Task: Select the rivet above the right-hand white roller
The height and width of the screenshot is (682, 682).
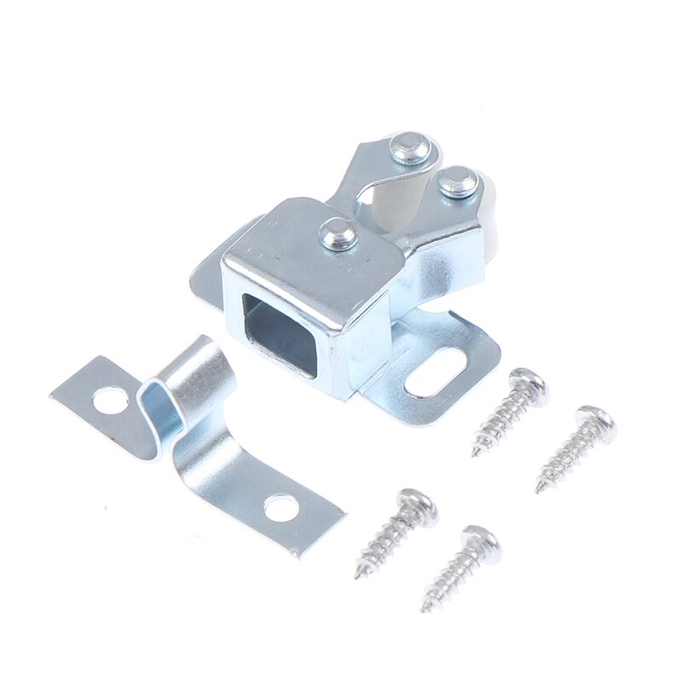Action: tap(459, 182)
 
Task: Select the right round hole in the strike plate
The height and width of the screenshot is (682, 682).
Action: tap(280, 509)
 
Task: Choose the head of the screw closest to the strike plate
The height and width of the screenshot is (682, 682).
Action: tap(416, 508)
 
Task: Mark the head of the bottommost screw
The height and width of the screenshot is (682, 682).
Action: tap(479, 546)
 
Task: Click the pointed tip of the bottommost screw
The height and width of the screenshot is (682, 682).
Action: tap(424, 609)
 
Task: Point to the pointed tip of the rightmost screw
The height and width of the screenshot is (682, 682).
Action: tap(538, 491)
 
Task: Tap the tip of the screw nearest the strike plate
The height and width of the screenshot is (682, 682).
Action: tap(358, 576)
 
